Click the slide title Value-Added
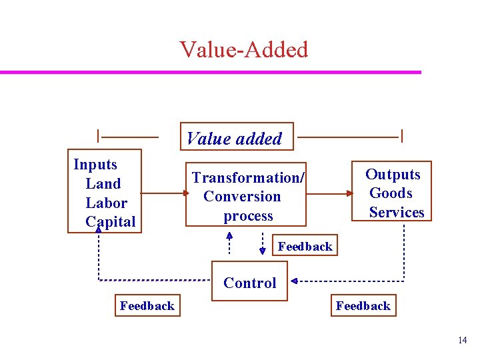coord(243,49)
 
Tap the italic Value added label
coord(234,139)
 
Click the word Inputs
coord(95,165)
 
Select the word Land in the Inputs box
coord(103,183)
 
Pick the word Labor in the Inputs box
coord(106,203)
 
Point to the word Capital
coord(110,221)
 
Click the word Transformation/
coord(248,177)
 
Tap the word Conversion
coord(242,197)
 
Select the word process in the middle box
coord(248,216)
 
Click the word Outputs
coord(393,174)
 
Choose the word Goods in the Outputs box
coord(391,193)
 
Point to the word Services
coord(397,213)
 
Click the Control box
coord(250,283)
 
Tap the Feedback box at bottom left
coord(147,305)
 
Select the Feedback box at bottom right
coord(363,305)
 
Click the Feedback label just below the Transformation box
coord(305,246)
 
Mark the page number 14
coord(463,341)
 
